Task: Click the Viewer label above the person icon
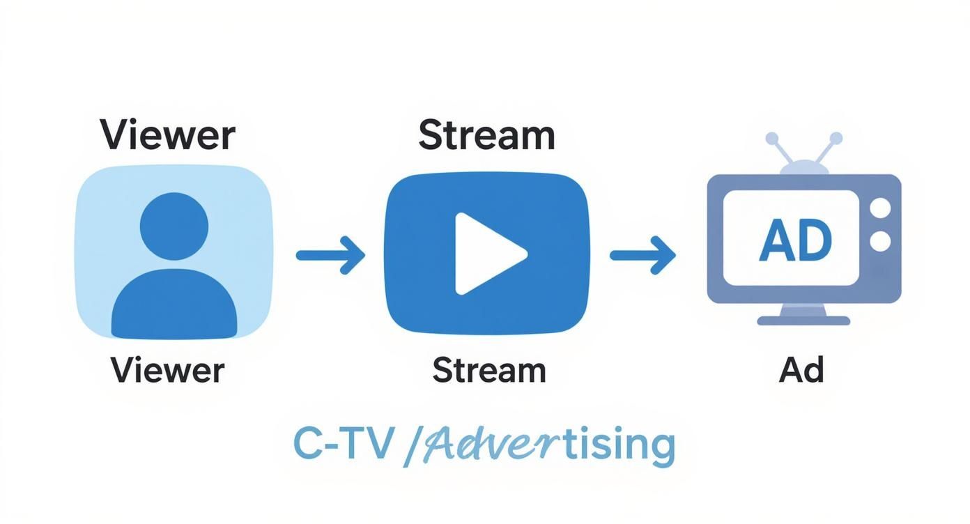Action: tap(167, 134)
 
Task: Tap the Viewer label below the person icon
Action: tap(167, 370)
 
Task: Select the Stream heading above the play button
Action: tap(486, 135)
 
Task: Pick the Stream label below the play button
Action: tap(488, 370)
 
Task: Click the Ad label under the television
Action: tap(801, 370)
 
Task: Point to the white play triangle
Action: tap(486, 254)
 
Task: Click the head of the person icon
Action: tap(174, 226)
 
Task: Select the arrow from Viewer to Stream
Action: tap(330, 255)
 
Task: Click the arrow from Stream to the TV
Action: tap(642, 255)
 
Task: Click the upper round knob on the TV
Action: tap(881, 208)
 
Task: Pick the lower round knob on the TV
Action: tap(881, 241)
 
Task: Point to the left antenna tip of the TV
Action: tap(772, 139)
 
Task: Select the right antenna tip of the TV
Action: tap(836, 138)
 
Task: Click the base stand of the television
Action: tap(803, 319)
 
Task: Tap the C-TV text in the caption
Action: tap(341, 444)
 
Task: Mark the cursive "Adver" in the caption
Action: tap(488, 445)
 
